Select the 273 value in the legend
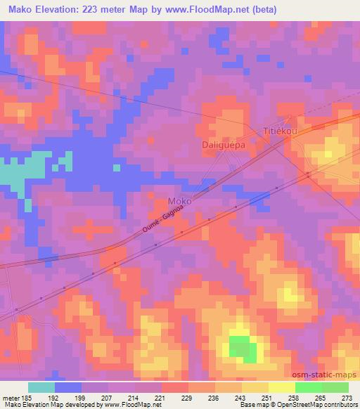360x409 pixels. click(x=347, y=397)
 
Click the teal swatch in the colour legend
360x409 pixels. click(x=41, y=387)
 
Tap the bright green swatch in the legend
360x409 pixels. click(x=308, y=387)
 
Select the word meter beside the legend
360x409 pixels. click(x=11, y=397)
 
